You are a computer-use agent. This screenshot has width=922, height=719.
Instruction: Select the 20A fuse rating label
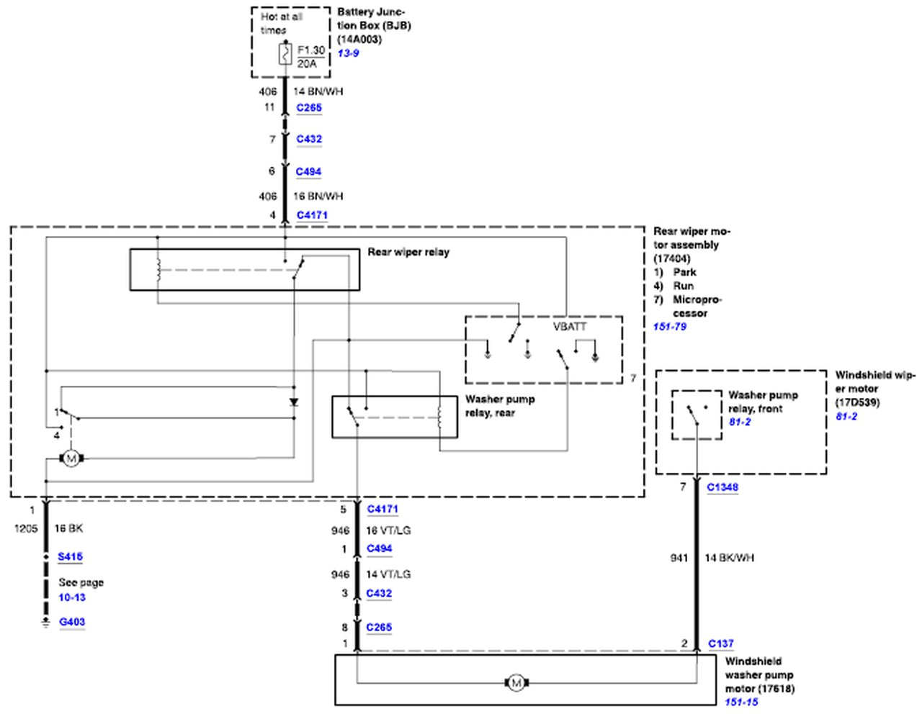coord(307,64)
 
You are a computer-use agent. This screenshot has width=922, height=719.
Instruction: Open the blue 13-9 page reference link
coord(348,53)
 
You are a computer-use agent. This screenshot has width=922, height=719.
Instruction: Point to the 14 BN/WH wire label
coord(318,91)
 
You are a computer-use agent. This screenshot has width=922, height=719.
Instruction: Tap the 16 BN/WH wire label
coord(318,196)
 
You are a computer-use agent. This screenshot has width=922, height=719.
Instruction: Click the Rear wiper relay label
coord(408,252)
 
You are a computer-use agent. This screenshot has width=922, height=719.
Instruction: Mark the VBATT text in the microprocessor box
coord(570,327)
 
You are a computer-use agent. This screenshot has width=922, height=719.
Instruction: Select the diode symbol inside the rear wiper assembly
coord(294,402)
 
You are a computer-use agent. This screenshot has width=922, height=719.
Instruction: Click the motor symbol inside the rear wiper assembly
coord(71,458)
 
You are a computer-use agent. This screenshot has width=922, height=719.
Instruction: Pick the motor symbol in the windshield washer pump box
coord(516,683)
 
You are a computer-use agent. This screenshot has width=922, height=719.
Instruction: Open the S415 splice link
coord(71,556)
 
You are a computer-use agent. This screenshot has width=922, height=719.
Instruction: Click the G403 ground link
coord(72,622)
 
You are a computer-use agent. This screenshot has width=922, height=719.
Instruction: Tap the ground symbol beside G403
coord(46,623)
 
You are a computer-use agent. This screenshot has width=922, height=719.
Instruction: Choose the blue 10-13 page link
coord(72,597)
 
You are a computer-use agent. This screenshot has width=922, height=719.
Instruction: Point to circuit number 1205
coord(26,528)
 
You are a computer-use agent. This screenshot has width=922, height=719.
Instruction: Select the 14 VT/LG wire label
coord(388,574)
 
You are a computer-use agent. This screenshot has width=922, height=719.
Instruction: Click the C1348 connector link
coord(722,487)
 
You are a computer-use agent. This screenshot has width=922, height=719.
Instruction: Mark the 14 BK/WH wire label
coord(729,558)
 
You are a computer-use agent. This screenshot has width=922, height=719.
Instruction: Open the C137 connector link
coord(721,643)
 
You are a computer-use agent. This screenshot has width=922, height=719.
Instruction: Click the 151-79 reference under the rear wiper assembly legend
coord(670,327)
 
